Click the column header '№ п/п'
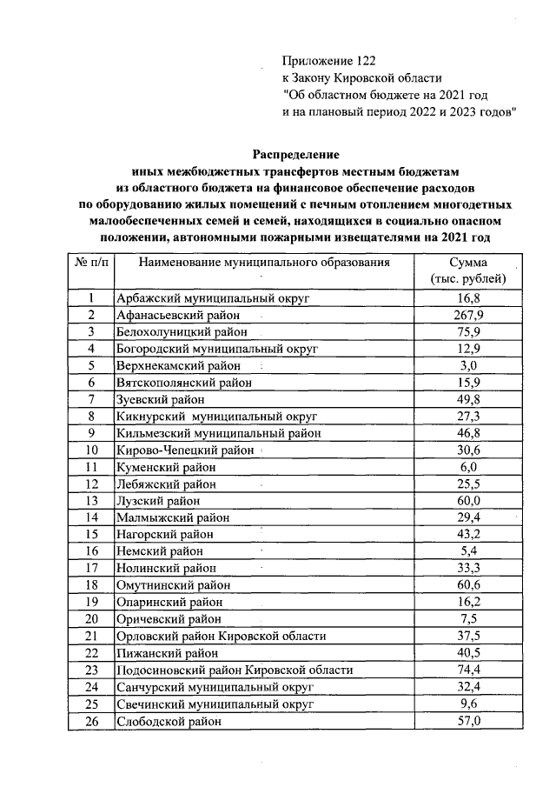click(x=90, y=262)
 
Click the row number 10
click(x=90, y=450)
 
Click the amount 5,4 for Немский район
click(x=469, y=550)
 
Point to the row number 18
click(x=90, y=585)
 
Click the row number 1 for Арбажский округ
click(x=90, y=298)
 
